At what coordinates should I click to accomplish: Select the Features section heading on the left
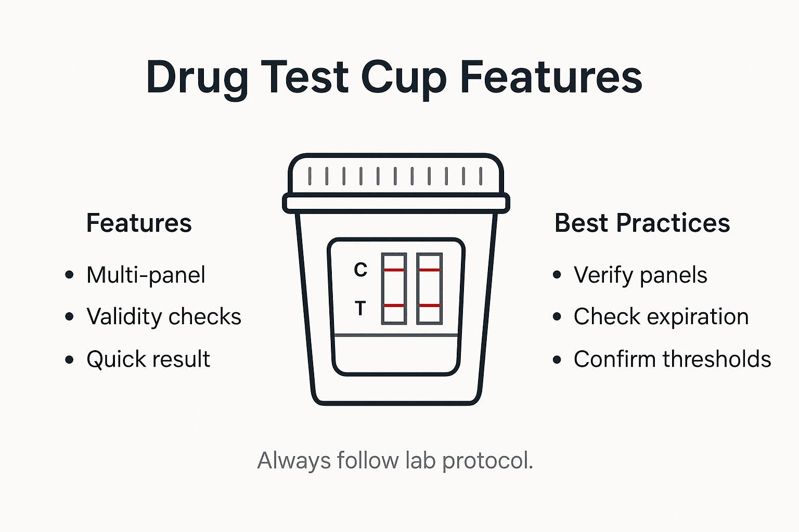139,223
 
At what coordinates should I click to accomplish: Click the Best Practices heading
642,223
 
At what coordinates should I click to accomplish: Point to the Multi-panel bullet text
146,275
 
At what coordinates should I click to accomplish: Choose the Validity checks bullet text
164,317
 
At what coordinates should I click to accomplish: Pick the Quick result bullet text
148,359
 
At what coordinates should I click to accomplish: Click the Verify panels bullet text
640,275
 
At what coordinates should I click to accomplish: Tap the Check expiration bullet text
661,317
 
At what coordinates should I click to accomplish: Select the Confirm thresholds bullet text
672,359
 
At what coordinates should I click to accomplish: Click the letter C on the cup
360,270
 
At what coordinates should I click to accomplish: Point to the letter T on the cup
360,309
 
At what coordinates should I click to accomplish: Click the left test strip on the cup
394,289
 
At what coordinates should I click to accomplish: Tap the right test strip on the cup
430,289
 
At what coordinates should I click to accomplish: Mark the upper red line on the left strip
394,270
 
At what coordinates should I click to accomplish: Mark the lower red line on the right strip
430,305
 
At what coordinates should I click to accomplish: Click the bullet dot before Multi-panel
69,275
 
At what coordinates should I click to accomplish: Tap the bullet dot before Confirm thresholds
557,359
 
